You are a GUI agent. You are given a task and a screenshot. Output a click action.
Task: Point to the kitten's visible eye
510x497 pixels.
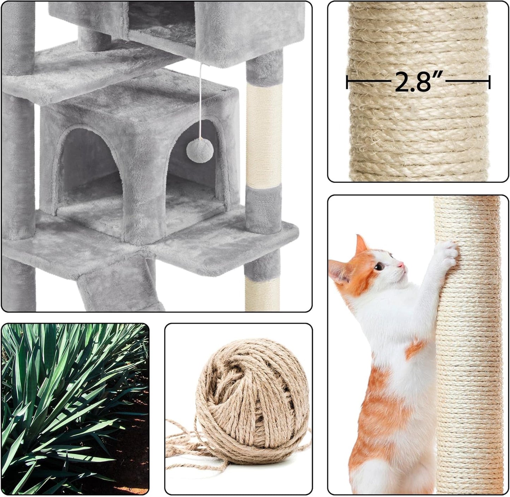pos(379,266)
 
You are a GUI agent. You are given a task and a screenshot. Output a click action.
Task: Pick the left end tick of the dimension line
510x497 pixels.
pos(348,82)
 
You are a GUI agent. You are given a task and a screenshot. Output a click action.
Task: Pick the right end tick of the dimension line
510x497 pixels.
pos(489,82)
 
